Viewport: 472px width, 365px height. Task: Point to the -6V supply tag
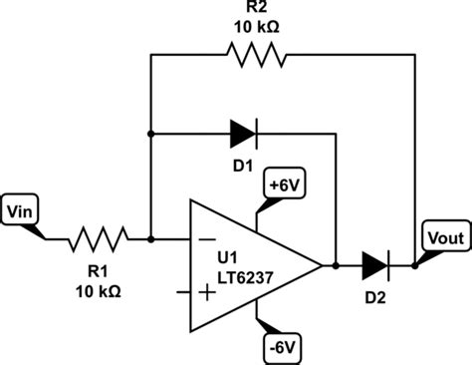[281, 347]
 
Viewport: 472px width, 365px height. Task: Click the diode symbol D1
[244, 131]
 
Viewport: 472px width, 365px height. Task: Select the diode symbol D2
[375, 265]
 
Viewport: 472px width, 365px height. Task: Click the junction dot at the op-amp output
[338, 265]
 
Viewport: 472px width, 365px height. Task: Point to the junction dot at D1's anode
[150, 131]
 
